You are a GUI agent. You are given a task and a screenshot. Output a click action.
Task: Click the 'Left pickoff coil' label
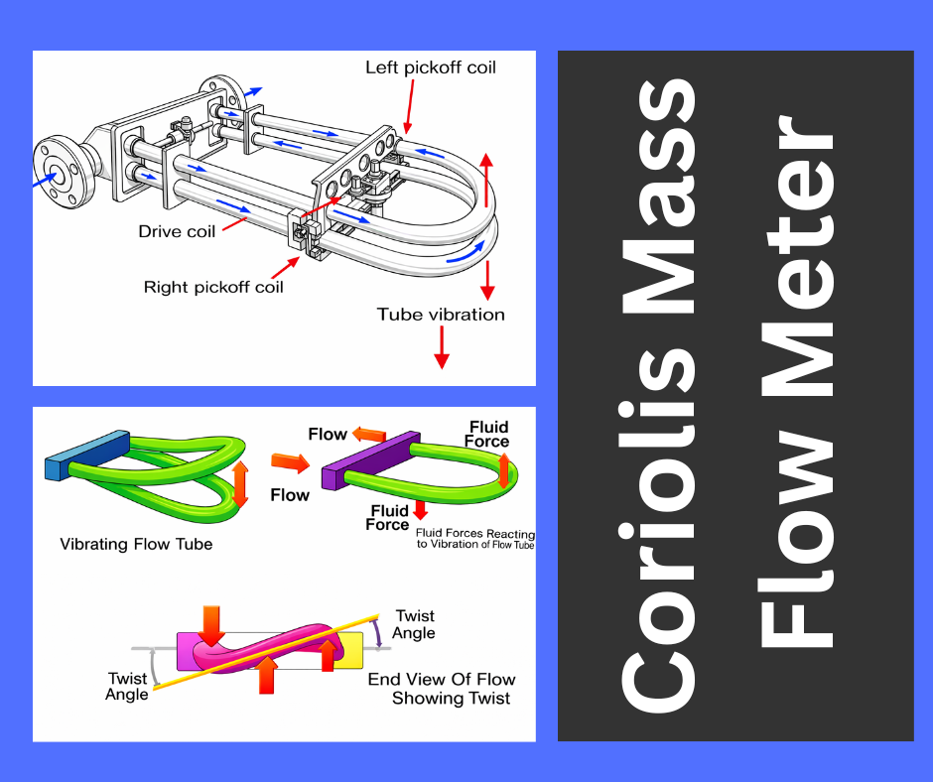tap(430, 68)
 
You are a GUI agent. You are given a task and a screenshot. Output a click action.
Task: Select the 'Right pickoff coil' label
tap(213, 288)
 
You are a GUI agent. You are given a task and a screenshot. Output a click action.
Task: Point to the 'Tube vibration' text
tap(441, 315)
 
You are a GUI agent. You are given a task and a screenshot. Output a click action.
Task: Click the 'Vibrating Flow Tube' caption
tap(136, 544)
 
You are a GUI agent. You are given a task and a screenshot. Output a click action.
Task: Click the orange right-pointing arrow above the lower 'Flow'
tap(290, 462)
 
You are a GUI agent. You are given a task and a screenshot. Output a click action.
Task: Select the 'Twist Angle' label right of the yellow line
tap(414, 624)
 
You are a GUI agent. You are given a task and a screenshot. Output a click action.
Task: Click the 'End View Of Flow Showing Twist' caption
tap(441, 689)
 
